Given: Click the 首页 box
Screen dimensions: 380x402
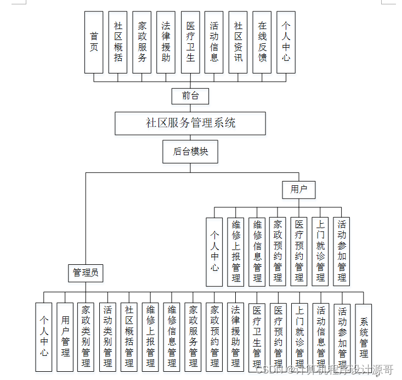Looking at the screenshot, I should coord(94,42).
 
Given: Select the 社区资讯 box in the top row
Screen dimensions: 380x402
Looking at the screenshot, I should coord(238,42).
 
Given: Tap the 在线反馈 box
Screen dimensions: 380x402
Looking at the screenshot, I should coord(262,42).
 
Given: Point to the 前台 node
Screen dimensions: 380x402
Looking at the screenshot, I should coord(190,96).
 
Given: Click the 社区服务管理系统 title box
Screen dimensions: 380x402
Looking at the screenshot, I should coord(190,123).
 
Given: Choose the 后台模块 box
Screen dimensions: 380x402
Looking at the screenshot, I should coord(190,152).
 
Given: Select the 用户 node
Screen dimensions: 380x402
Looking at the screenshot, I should coord(299,190).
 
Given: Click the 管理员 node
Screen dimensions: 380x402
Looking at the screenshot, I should coord(86,273).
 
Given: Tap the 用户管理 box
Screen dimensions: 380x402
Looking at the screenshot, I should coord(65,336).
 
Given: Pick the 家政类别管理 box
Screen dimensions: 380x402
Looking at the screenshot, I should coord(86,336).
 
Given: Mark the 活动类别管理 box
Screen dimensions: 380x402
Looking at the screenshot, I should coord(107,336).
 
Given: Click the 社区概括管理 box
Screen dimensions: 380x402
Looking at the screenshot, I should coord(129,336).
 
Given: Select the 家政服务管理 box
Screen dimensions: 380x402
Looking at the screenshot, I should coord(193,336).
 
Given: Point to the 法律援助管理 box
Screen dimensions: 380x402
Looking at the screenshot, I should coord(236,336).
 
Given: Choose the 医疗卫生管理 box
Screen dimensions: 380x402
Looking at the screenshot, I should coord(257,336).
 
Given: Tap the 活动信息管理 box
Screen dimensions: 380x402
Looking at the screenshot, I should coord(321,336).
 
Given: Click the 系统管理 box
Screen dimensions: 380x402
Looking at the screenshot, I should coord(364,336).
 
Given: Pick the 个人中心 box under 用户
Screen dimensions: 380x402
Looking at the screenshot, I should coord(214,252).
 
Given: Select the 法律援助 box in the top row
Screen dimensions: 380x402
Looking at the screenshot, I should coord(166,42).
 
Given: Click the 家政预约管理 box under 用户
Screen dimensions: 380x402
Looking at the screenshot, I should coord(278,252).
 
